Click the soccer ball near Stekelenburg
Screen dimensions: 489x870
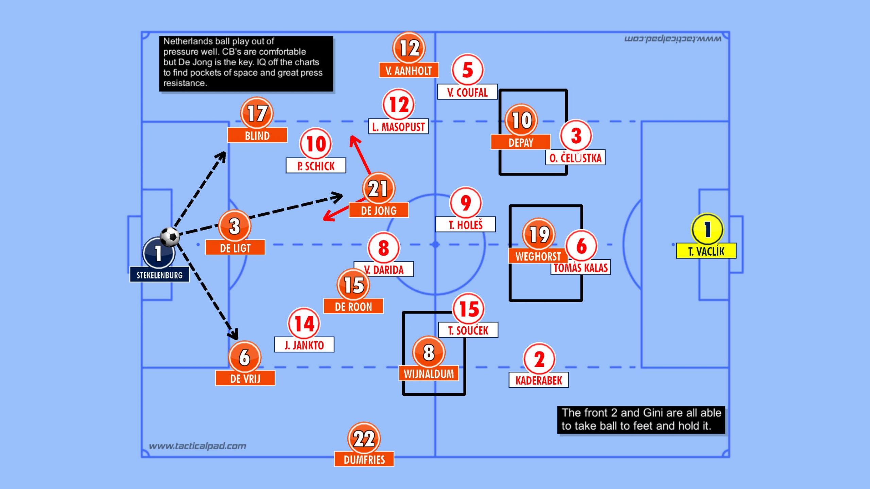pyautogui.click(x=170, y=237)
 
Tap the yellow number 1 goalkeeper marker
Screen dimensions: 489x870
pyautogui.click(x=707, y=229)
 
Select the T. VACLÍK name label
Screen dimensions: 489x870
pyautogui.click(x=706, y=251)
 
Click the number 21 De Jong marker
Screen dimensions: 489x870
pyautogui.click(x=378, y=188)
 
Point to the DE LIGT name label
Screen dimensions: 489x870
pyautogui.click(x=235, y=248)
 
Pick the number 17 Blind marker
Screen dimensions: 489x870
pyautogui.click(x=257, y=113)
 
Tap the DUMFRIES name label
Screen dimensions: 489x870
pyautogui.click(x=364, y=459)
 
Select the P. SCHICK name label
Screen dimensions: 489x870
pyautogui.click(x=316, y=166)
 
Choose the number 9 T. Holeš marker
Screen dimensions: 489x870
pyautogui.click(x=466, y=203)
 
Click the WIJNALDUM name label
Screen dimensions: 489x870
pyautogui.click(x=429, y=374)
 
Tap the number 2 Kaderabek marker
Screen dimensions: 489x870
pyautogui.click(x=539, y=359)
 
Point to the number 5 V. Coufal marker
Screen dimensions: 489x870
pyautogui.click(x=468, y=70)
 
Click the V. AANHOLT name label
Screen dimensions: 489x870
pyautogui.click(x=408, y=70)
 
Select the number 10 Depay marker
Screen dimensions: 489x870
pyautogui.click(x=521, y=120)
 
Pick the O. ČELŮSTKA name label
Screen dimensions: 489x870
pyautogui.click(x=575, y=158)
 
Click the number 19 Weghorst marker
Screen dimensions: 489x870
pyautogui.click(x=539, y=234)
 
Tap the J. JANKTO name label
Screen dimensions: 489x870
pyautogui.click(x=304, y=345)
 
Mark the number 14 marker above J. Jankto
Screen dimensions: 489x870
pyautogui.click(x=304, y=324)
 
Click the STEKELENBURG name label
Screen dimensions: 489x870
pyautogui.click(x=159, y=275)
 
